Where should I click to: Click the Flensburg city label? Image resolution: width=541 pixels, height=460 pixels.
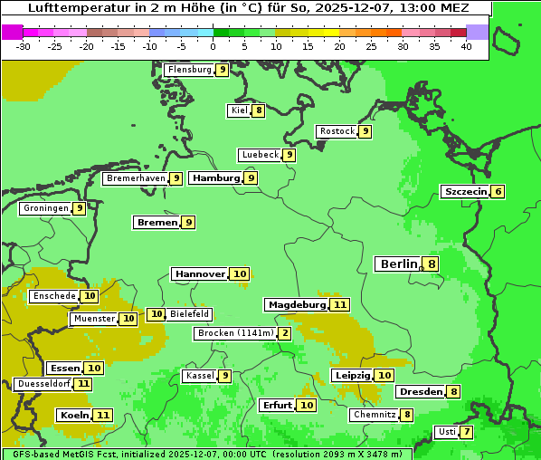(189, 70)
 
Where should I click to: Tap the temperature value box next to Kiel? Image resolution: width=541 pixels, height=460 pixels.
(259, 110)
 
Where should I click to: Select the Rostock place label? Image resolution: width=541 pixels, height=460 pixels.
(337, 131)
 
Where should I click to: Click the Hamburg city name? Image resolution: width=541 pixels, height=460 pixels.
(215, 178)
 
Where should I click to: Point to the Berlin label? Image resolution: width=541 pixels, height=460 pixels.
(398, 264)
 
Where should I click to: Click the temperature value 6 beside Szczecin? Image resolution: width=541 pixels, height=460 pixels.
(498, 192)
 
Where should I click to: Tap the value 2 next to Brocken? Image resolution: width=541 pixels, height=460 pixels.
(285, 333)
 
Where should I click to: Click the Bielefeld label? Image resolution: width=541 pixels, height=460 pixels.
(189, 314)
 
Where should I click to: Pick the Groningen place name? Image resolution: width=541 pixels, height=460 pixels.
(46, 208)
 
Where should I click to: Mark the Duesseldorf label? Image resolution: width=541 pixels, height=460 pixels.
(43, 384)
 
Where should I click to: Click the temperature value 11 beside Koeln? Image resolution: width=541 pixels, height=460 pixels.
(103, 416)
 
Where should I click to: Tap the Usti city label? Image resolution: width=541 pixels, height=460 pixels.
(446, 432)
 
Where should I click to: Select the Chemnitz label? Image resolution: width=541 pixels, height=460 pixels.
(375, 415)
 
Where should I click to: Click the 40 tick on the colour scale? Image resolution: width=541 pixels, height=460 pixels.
(466, 46)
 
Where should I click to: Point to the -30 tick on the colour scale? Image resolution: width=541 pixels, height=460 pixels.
(24, 46)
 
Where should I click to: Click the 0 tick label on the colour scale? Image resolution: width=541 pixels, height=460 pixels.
(213, 46)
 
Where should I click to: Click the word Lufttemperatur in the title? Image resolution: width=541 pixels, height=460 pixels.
(70, 7)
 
